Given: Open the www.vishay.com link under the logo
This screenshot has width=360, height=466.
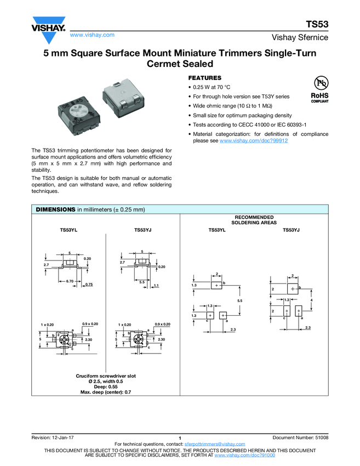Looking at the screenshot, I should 92,35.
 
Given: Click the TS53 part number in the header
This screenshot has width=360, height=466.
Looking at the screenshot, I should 316,25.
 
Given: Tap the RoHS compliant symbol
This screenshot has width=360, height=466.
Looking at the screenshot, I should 319,88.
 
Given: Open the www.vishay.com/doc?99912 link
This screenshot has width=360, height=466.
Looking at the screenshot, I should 254,141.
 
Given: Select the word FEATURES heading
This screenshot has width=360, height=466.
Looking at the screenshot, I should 205,78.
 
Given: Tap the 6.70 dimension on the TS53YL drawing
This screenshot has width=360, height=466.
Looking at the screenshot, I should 70,281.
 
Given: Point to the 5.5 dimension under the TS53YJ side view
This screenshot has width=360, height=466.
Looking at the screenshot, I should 142,281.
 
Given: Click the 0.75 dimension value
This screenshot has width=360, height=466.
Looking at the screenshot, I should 89,285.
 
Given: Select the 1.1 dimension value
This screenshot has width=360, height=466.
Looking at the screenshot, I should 156,285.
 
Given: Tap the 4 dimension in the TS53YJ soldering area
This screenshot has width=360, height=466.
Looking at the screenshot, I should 311,300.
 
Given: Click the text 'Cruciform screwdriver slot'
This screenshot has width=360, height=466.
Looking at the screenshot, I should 106,376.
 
